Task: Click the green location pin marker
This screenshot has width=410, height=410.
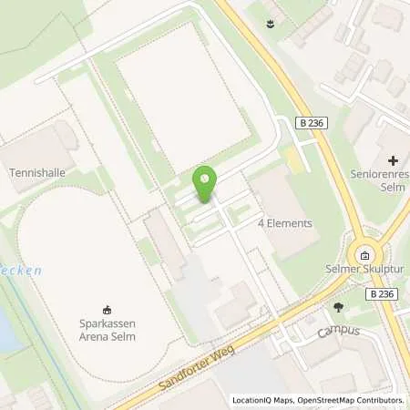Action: pos(206,184)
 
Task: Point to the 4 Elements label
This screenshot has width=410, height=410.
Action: pos(285,222)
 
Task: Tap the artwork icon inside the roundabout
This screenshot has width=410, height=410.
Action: pos(364,255)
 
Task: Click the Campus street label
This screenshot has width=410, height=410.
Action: pos(339,331)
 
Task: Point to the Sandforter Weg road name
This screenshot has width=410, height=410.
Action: pos(168,368)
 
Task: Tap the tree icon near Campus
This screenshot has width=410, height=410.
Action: pos(339,307)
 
